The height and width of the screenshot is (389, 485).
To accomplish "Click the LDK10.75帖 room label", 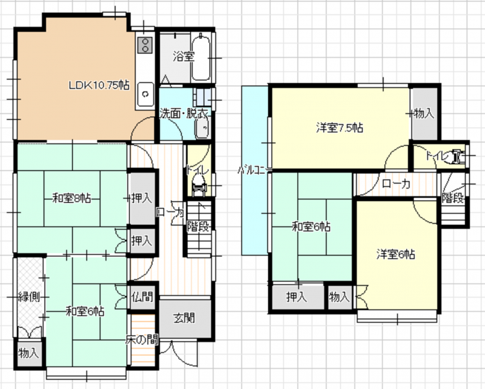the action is tap(99, 85).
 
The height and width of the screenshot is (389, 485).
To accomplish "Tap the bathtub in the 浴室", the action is tap(201, 58).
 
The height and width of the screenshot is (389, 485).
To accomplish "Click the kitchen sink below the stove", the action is tap(145, 94).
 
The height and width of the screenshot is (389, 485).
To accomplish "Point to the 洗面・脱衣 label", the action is tap(183, 114).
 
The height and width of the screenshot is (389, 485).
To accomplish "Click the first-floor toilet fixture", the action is tap(197, 185).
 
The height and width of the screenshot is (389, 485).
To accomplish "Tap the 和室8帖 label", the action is tap(71, 198).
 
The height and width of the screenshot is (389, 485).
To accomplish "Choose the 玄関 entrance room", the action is tap(185, 319).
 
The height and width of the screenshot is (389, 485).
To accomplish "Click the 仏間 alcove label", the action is tap(142, 297).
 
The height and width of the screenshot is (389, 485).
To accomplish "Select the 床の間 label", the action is tap(142, 340).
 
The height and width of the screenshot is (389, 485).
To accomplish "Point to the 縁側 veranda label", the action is tap(28, 297).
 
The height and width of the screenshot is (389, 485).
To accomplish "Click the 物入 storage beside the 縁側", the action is tap(28, 353).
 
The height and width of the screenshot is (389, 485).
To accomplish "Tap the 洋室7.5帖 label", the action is tap(339, 128).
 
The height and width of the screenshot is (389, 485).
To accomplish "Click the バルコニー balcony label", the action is tap(254, 170).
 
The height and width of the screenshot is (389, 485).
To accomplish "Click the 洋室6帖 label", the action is tap(396, 254).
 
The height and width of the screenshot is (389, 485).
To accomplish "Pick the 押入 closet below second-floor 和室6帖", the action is tap(297, 297).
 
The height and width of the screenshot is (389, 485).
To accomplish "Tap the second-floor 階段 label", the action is tap(453, 198).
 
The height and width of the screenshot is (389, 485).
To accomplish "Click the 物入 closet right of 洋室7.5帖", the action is tap(424, 114).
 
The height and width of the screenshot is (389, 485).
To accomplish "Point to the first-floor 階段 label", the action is tap(198, 226).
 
